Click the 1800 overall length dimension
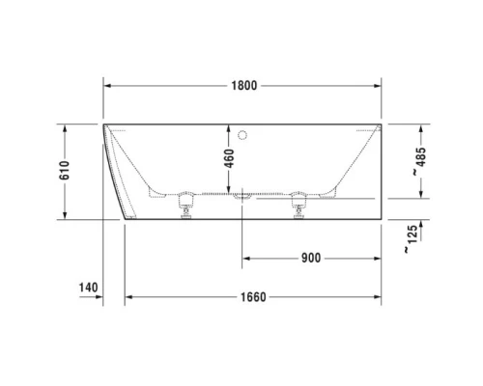(243, 86)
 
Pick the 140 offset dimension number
(88, 288)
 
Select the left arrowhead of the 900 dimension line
(246, 258)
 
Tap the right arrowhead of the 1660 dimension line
(378, 296)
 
